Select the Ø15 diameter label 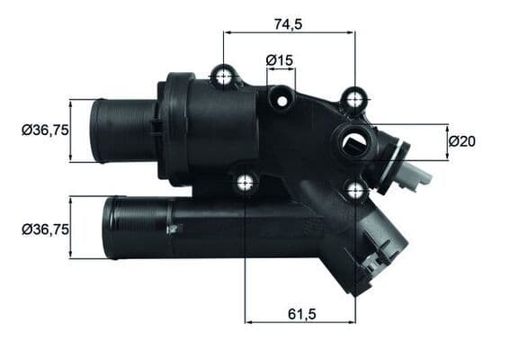281,60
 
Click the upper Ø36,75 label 45,130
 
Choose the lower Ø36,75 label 45,229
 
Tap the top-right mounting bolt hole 355,96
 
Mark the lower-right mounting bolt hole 355,189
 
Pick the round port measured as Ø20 352,140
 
